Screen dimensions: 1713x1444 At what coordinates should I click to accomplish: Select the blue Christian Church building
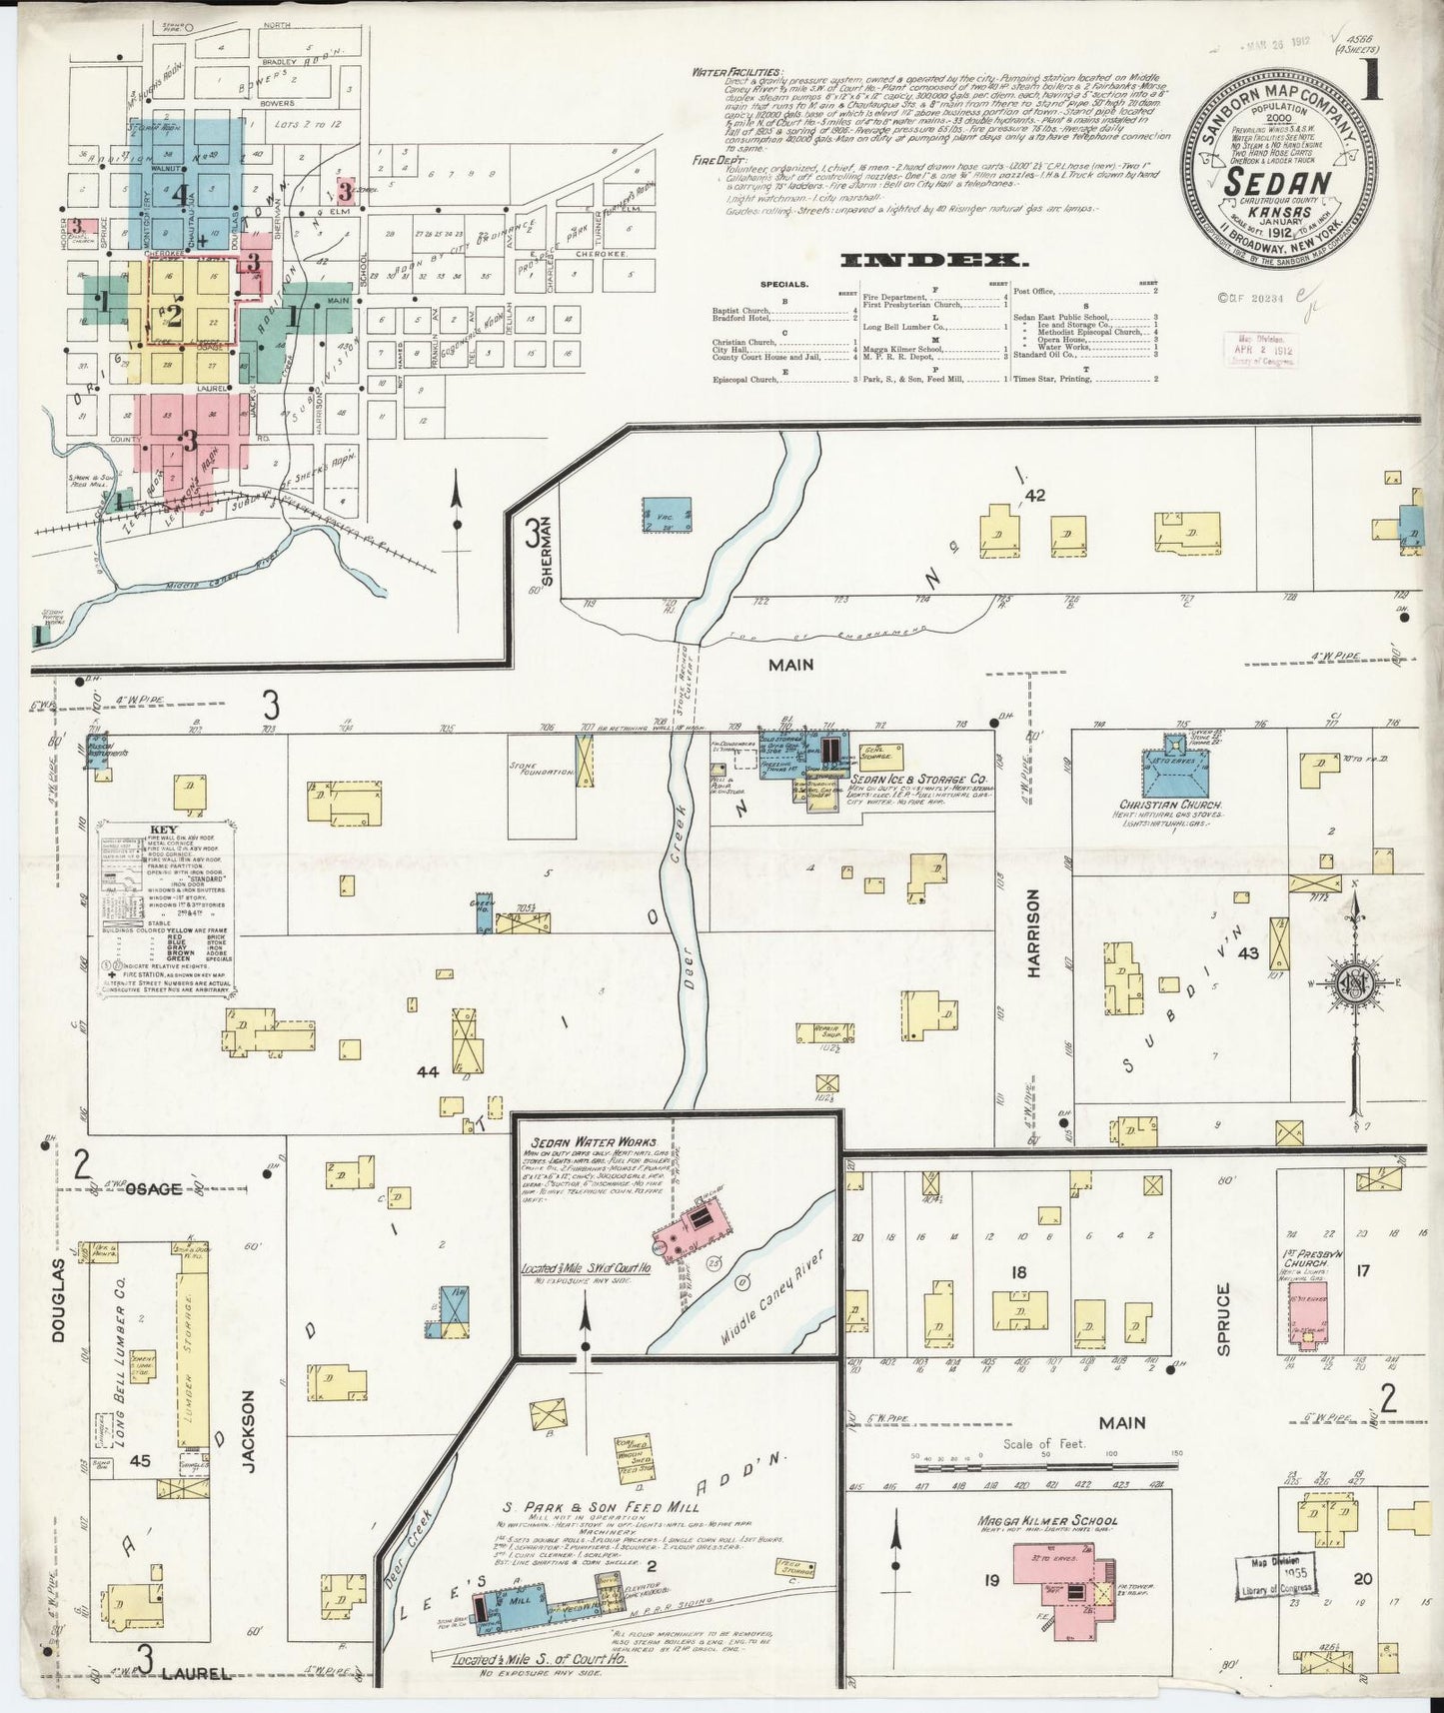click(1172, 772)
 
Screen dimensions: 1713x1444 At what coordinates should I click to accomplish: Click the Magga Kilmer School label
click(1047, 1522)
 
